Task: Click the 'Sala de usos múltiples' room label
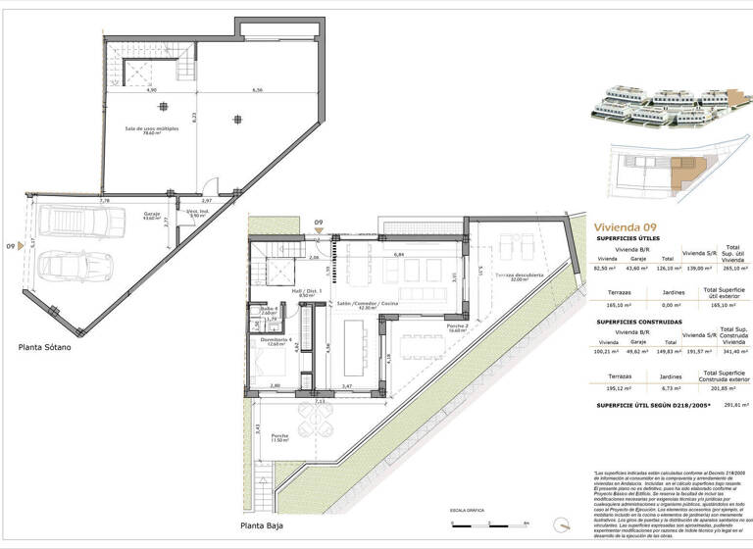[151, 130]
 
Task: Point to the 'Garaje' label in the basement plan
[151, 213]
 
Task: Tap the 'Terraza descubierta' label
[519, 277]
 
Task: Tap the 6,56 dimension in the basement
[257, 90]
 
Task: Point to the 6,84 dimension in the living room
[399, 255]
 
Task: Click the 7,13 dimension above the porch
[321, 401]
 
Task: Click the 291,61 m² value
[731, 404]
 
